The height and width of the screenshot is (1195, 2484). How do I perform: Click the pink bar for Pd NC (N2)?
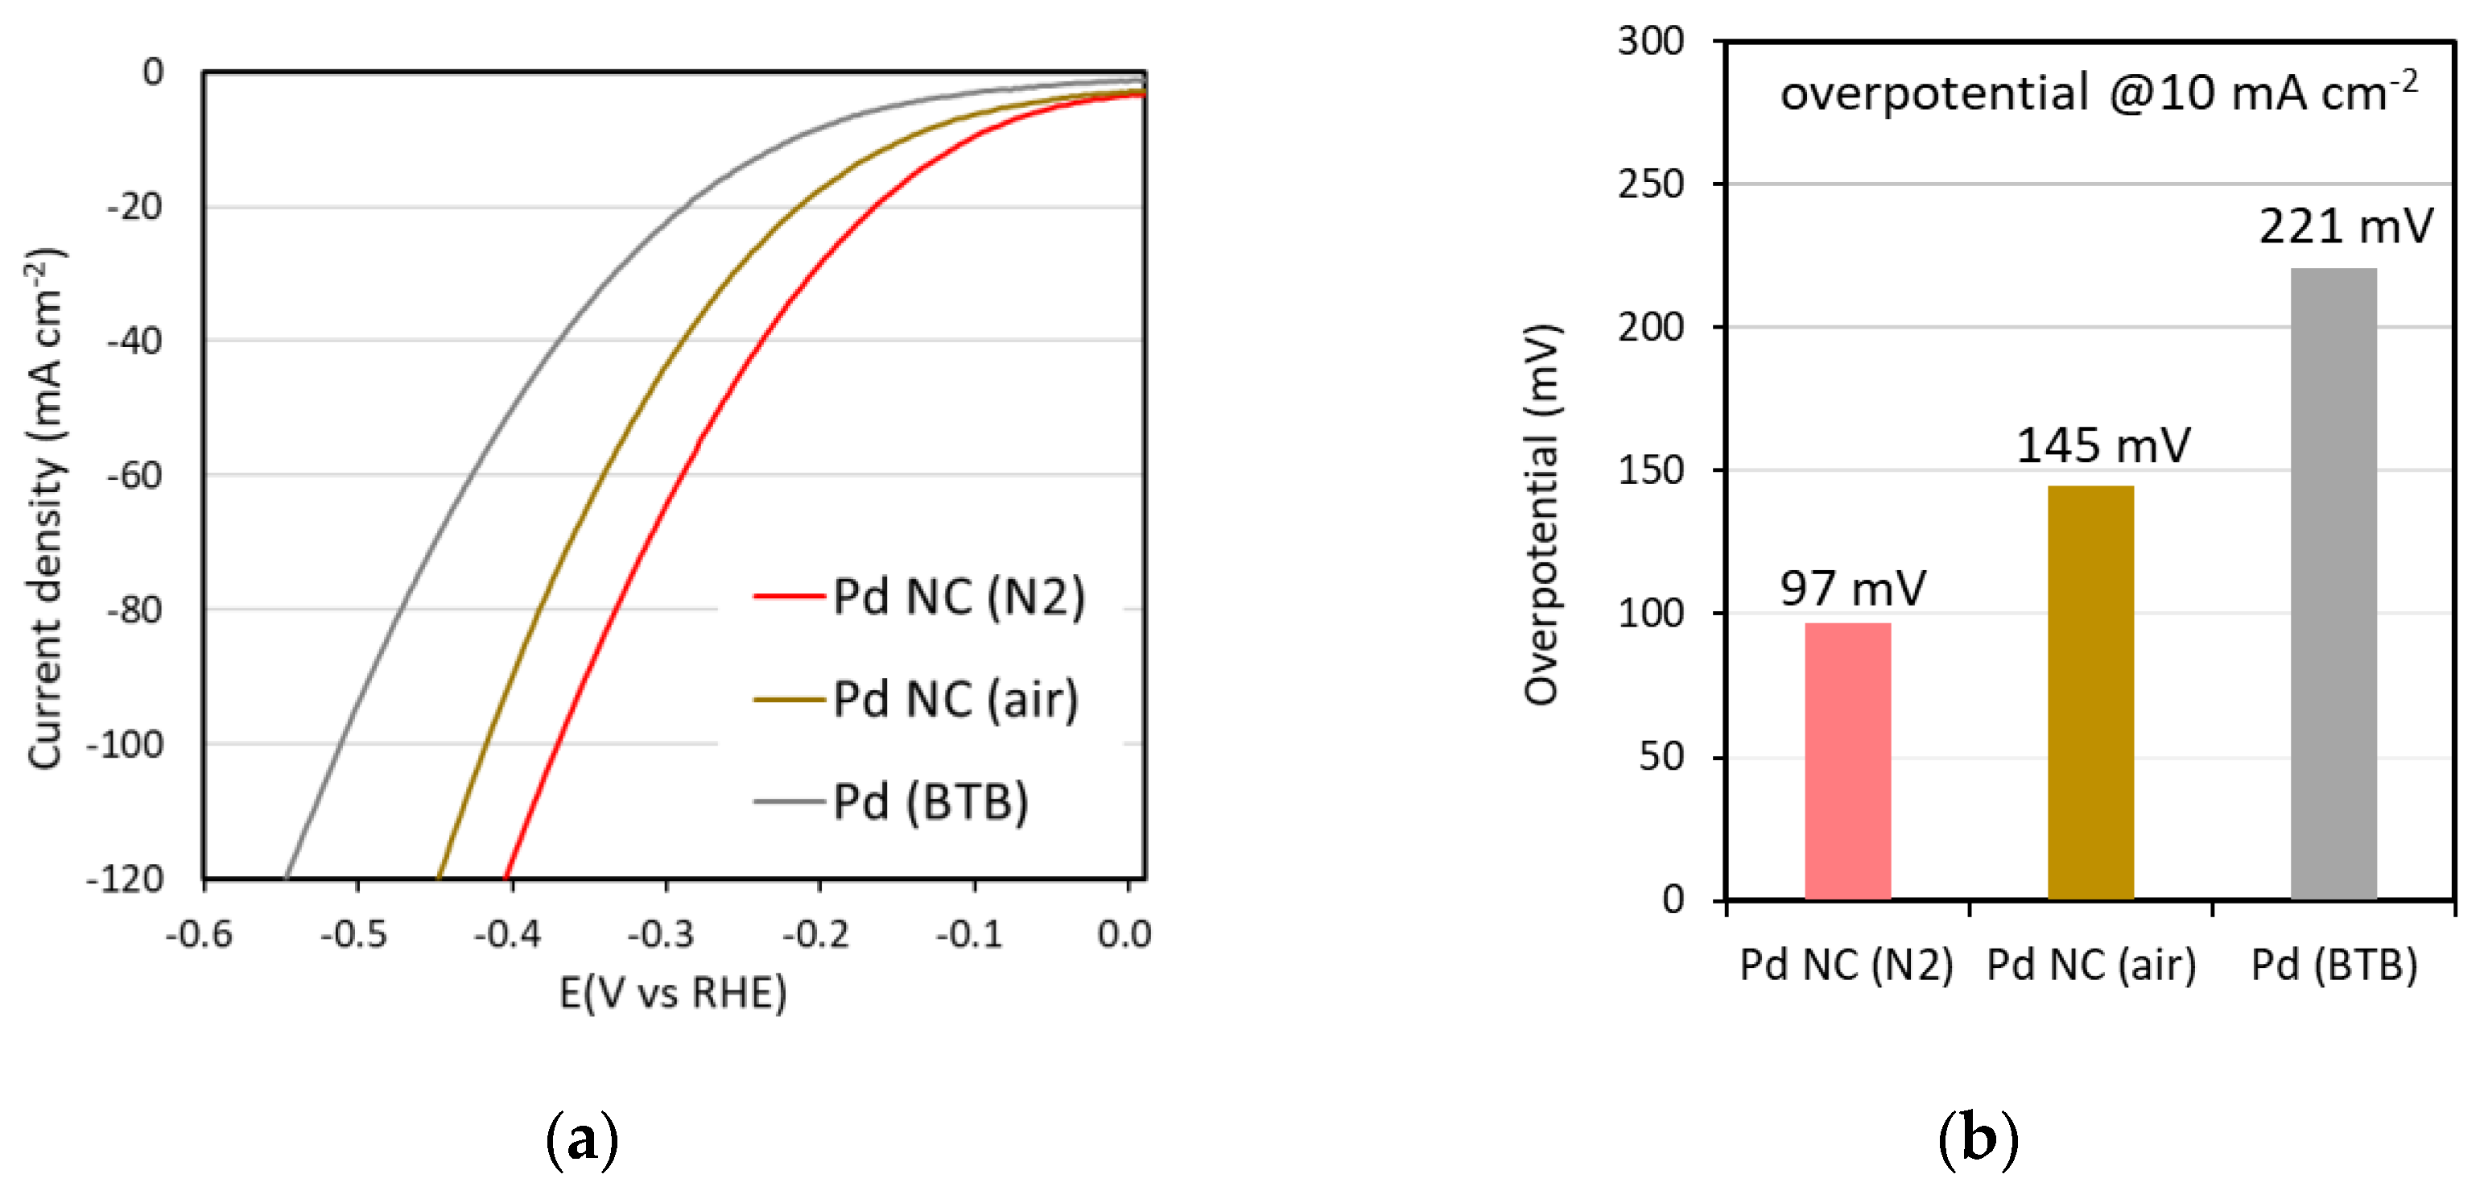[1846, 762]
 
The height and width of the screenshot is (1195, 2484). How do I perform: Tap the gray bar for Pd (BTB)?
[2333, 584]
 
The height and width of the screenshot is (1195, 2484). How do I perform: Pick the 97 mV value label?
[1851, 589]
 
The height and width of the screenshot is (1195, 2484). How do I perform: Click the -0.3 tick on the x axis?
[661, 933]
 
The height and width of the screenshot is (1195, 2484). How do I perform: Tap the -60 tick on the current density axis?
[135, 475]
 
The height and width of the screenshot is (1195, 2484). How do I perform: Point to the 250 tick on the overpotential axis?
[1650, 184]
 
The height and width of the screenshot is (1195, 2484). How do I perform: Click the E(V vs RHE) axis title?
[673, 992]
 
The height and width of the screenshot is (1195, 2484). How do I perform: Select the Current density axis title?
[44, 508]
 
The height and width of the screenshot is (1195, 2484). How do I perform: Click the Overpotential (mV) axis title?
[1541, 514]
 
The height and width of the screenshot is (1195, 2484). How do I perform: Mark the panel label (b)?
[1978, 1138]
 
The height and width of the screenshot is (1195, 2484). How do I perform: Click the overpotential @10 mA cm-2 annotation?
[2098, 93]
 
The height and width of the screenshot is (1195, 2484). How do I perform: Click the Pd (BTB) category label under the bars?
[2333, 965]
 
